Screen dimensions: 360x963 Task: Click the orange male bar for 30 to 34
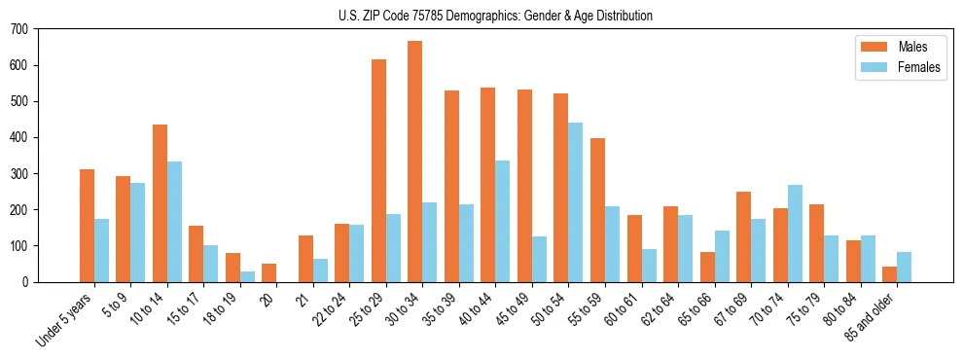pyautogui.click(x=415, y=162)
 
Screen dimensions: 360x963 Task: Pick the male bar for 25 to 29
pyautogui.click(x=378, y=171)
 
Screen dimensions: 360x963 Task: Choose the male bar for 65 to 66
pyautogui.click(x=707, y=268)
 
